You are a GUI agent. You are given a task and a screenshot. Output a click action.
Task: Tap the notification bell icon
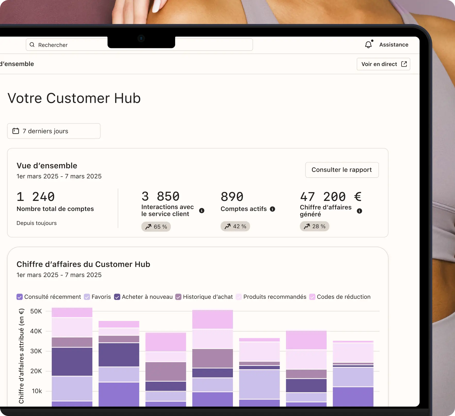pyautogui.click(x=368, y=45)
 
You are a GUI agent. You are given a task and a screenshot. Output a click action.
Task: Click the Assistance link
pyautogui.click(x=394, y=45)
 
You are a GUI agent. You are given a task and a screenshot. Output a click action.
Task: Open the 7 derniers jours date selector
pyautogui.click(x=54, y=131)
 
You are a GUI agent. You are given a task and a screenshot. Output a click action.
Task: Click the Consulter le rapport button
pyautogui.click(x=342, y=170)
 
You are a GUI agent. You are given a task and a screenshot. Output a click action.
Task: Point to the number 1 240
pyautogui.click(x=36, y=197)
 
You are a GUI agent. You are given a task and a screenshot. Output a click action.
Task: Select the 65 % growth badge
pyautogui.click(x=156, y=227)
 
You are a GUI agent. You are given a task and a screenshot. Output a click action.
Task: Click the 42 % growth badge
pyautogui.click(x=235, y=226)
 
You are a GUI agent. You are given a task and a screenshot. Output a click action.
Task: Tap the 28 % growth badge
pyautogui.click(x=314, y=226)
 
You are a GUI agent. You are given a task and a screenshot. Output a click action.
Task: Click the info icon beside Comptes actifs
pyautogui.click(x=273, y=209)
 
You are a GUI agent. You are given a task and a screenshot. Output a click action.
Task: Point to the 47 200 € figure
pyautogui.click(x=331, y=197)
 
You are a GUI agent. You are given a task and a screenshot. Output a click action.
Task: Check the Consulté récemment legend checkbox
pyautogui.click(x=20, y=297)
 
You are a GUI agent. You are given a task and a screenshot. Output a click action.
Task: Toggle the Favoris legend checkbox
pyautogui.click(x=87, y=297)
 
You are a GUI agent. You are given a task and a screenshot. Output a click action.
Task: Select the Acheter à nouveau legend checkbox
pyautogui.click(x=117, y=297)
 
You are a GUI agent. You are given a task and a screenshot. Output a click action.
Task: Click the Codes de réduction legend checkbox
pyautogui.click(x=312, y=297)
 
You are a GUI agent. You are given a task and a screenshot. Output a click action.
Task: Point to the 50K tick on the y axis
pyautogui.click(x=36, y=311)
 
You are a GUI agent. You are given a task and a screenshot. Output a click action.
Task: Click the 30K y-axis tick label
pyautogui.click(x=36, y=351)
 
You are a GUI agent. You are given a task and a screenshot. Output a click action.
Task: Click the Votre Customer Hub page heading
pyautogui.click(x=74, y=98)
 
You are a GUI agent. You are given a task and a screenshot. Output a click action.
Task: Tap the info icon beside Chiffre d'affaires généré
pyautogui.click(x=359, y=211)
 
